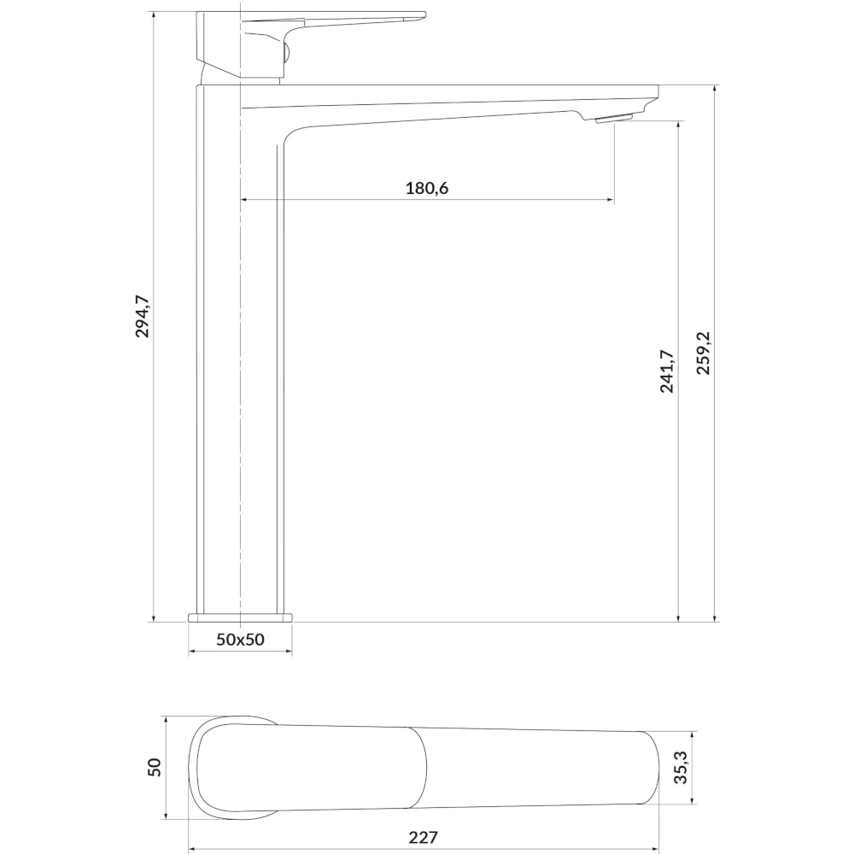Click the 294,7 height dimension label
coord(142,316)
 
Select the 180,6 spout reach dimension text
coord(427,189)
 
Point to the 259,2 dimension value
coord(704,353)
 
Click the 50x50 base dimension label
coord(240,639)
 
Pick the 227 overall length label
coord(424,837)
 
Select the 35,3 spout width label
coord(681,767)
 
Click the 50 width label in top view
coord(155,767)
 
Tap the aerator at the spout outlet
coord(613,118)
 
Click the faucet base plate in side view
coord(240,617)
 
